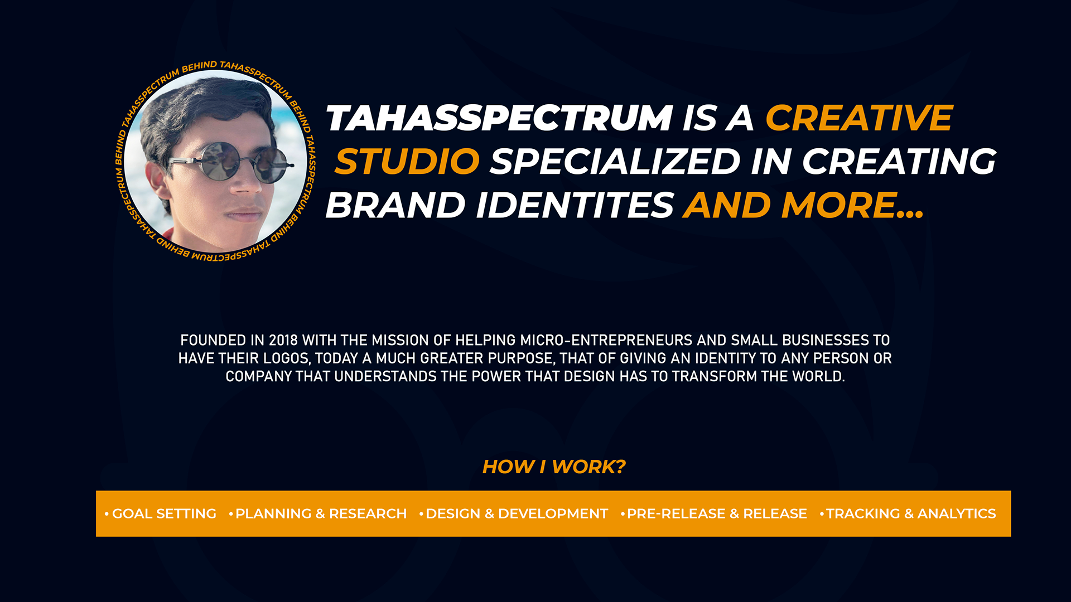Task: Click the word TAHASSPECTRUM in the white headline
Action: (499, 118)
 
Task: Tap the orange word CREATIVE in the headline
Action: (859, 118)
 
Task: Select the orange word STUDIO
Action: (407, 162)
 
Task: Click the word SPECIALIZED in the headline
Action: (615, 162)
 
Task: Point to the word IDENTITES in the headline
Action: (575, 205)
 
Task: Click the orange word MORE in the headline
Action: (840, 205)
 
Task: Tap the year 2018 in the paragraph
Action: (283, 341)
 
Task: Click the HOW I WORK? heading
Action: (554, 467)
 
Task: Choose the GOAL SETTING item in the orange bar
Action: (164, 514)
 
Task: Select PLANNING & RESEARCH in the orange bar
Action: (321, 514)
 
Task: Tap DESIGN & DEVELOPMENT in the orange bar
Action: (517, 514)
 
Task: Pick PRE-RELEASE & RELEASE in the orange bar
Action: (717, 514)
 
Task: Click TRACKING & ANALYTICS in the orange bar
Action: (911, 514)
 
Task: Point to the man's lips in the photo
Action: (243, 215)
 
